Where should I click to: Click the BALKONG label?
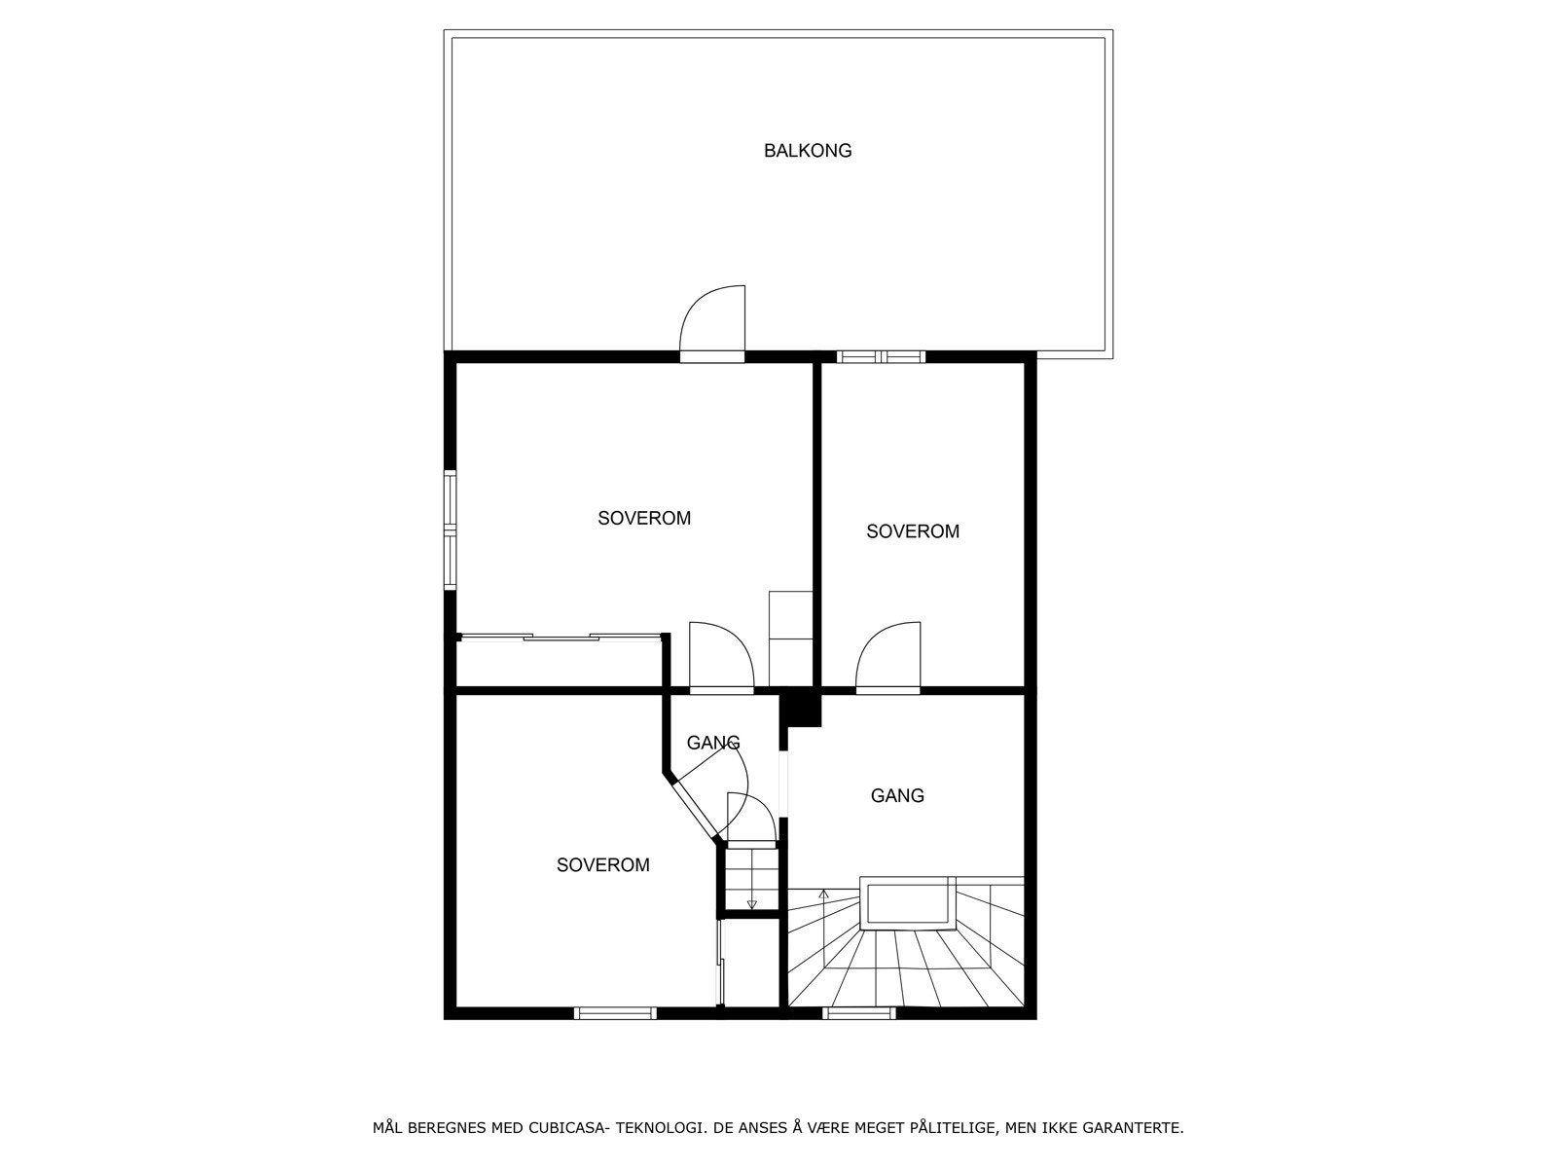click(x=808, y=151)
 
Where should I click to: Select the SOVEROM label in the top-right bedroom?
click(x=913, y=531)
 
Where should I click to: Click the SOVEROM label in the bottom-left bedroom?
click(x=602, y=865)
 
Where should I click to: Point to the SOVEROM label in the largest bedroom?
click(x=644, y=519)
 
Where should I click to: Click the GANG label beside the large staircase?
click(x=897, y=796)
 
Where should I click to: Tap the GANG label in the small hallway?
click(x=713, y=744)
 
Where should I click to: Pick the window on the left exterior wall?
click(x=451, y=529)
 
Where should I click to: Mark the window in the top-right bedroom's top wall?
click(x=881, y=356)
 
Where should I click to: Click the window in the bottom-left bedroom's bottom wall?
click(x=615, y=1013)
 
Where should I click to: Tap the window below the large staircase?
click(x=859, y=1013)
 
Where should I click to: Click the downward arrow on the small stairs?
click(x=751, y=903)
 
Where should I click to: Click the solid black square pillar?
click(x=804, y=708)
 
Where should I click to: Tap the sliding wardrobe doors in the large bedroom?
click(x=560, y=638)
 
